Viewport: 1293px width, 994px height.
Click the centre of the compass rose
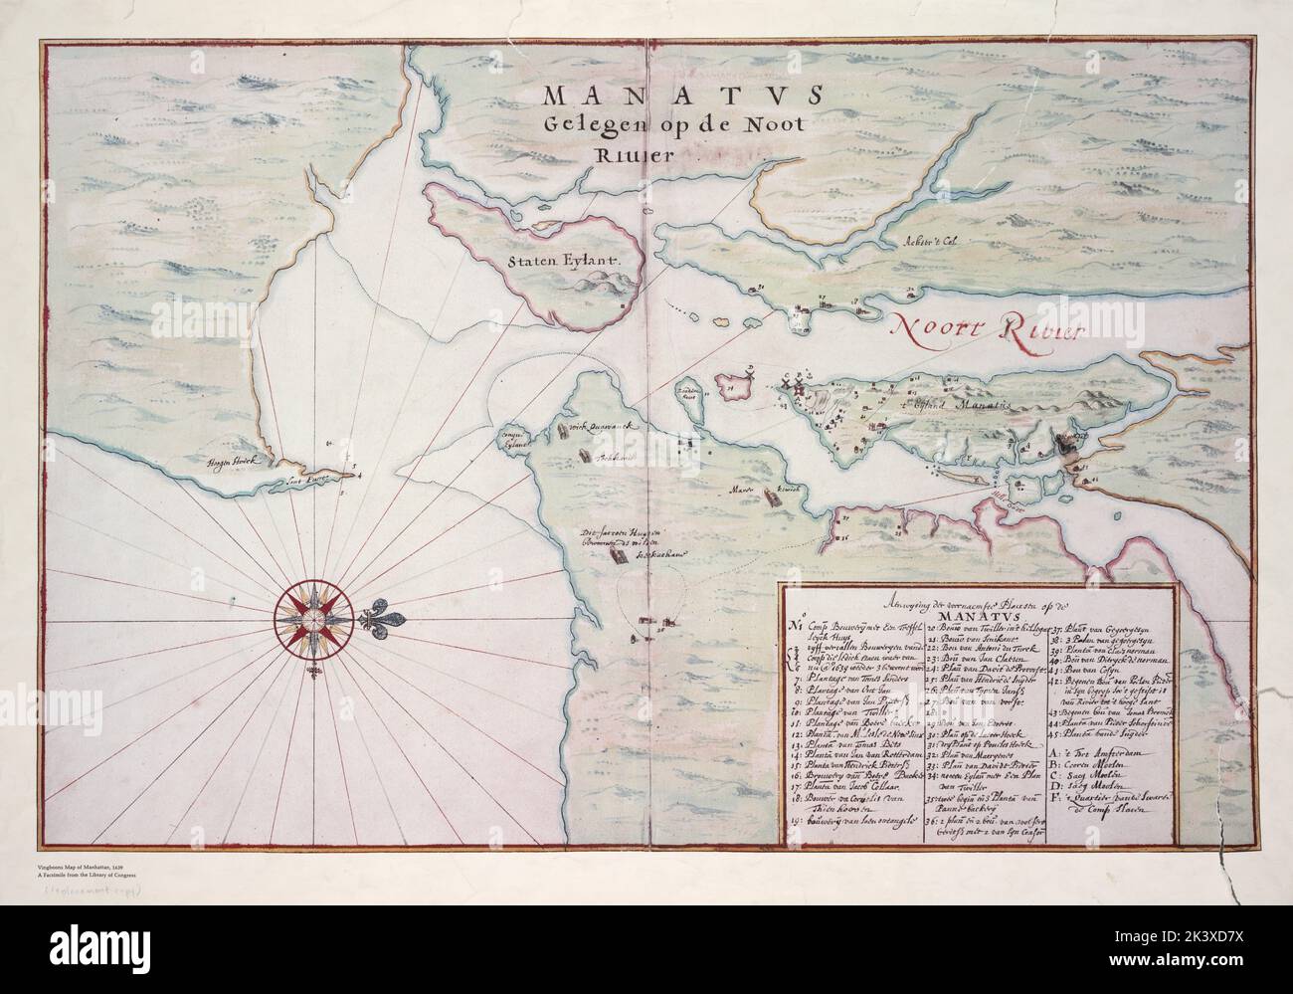point(311,618)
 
